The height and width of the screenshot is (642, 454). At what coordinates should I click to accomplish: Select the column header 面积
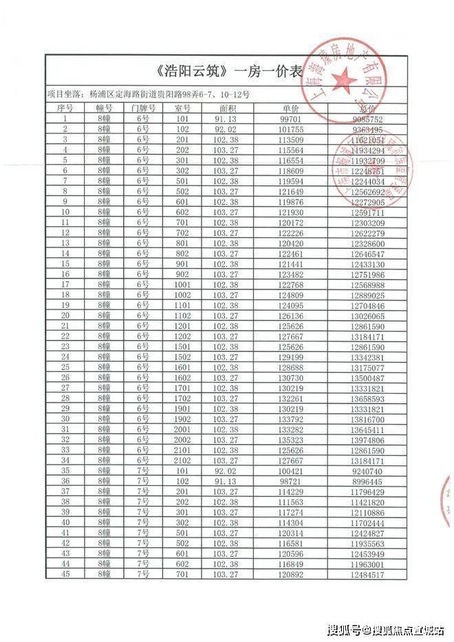pos(228,109)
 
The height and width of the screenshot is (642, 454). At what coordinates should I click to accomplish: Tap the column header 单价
pos(291,109)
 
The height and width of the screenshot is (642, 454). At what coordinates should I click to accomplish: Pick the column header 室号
pos(182,109)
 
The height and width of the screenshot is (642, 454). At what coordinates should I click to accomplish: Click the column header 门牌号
pos(142,109)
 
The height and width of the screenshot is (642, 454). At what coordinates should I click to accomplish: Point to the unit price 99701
pos(291,118)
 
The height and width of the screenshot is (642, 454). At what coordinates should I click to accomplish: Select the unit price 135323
pos(291,439)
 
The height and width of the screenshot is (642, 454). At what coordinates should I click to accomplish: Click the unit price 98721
pos(291,482)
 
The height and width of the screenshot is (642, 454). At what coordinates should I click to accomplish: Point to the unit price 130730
pos(291,377)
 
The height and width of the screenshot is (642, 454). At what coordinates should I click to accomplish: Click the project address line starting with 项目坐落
pos(147,93)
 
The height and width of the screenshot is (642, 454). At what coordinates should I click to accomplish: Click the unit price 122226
pos(291,233)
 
